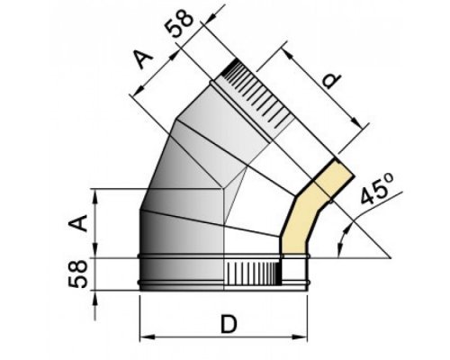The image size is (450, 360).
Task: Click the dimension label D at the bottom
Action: pos(229,324)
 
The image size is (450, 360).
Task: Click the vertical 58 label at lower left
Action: pos(77,274)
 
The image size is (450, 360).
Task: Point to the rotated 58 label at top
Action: pos(179,23)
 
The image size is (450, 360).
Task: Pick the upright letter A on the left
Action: pos(78,223)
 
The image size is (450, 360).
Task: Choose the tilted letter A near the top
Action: pos(143,59)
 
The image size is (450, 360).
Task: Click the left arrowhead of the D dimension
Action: pos(147,337)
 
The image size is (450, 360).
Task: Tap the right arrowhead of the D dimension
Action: pos(300,337)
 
